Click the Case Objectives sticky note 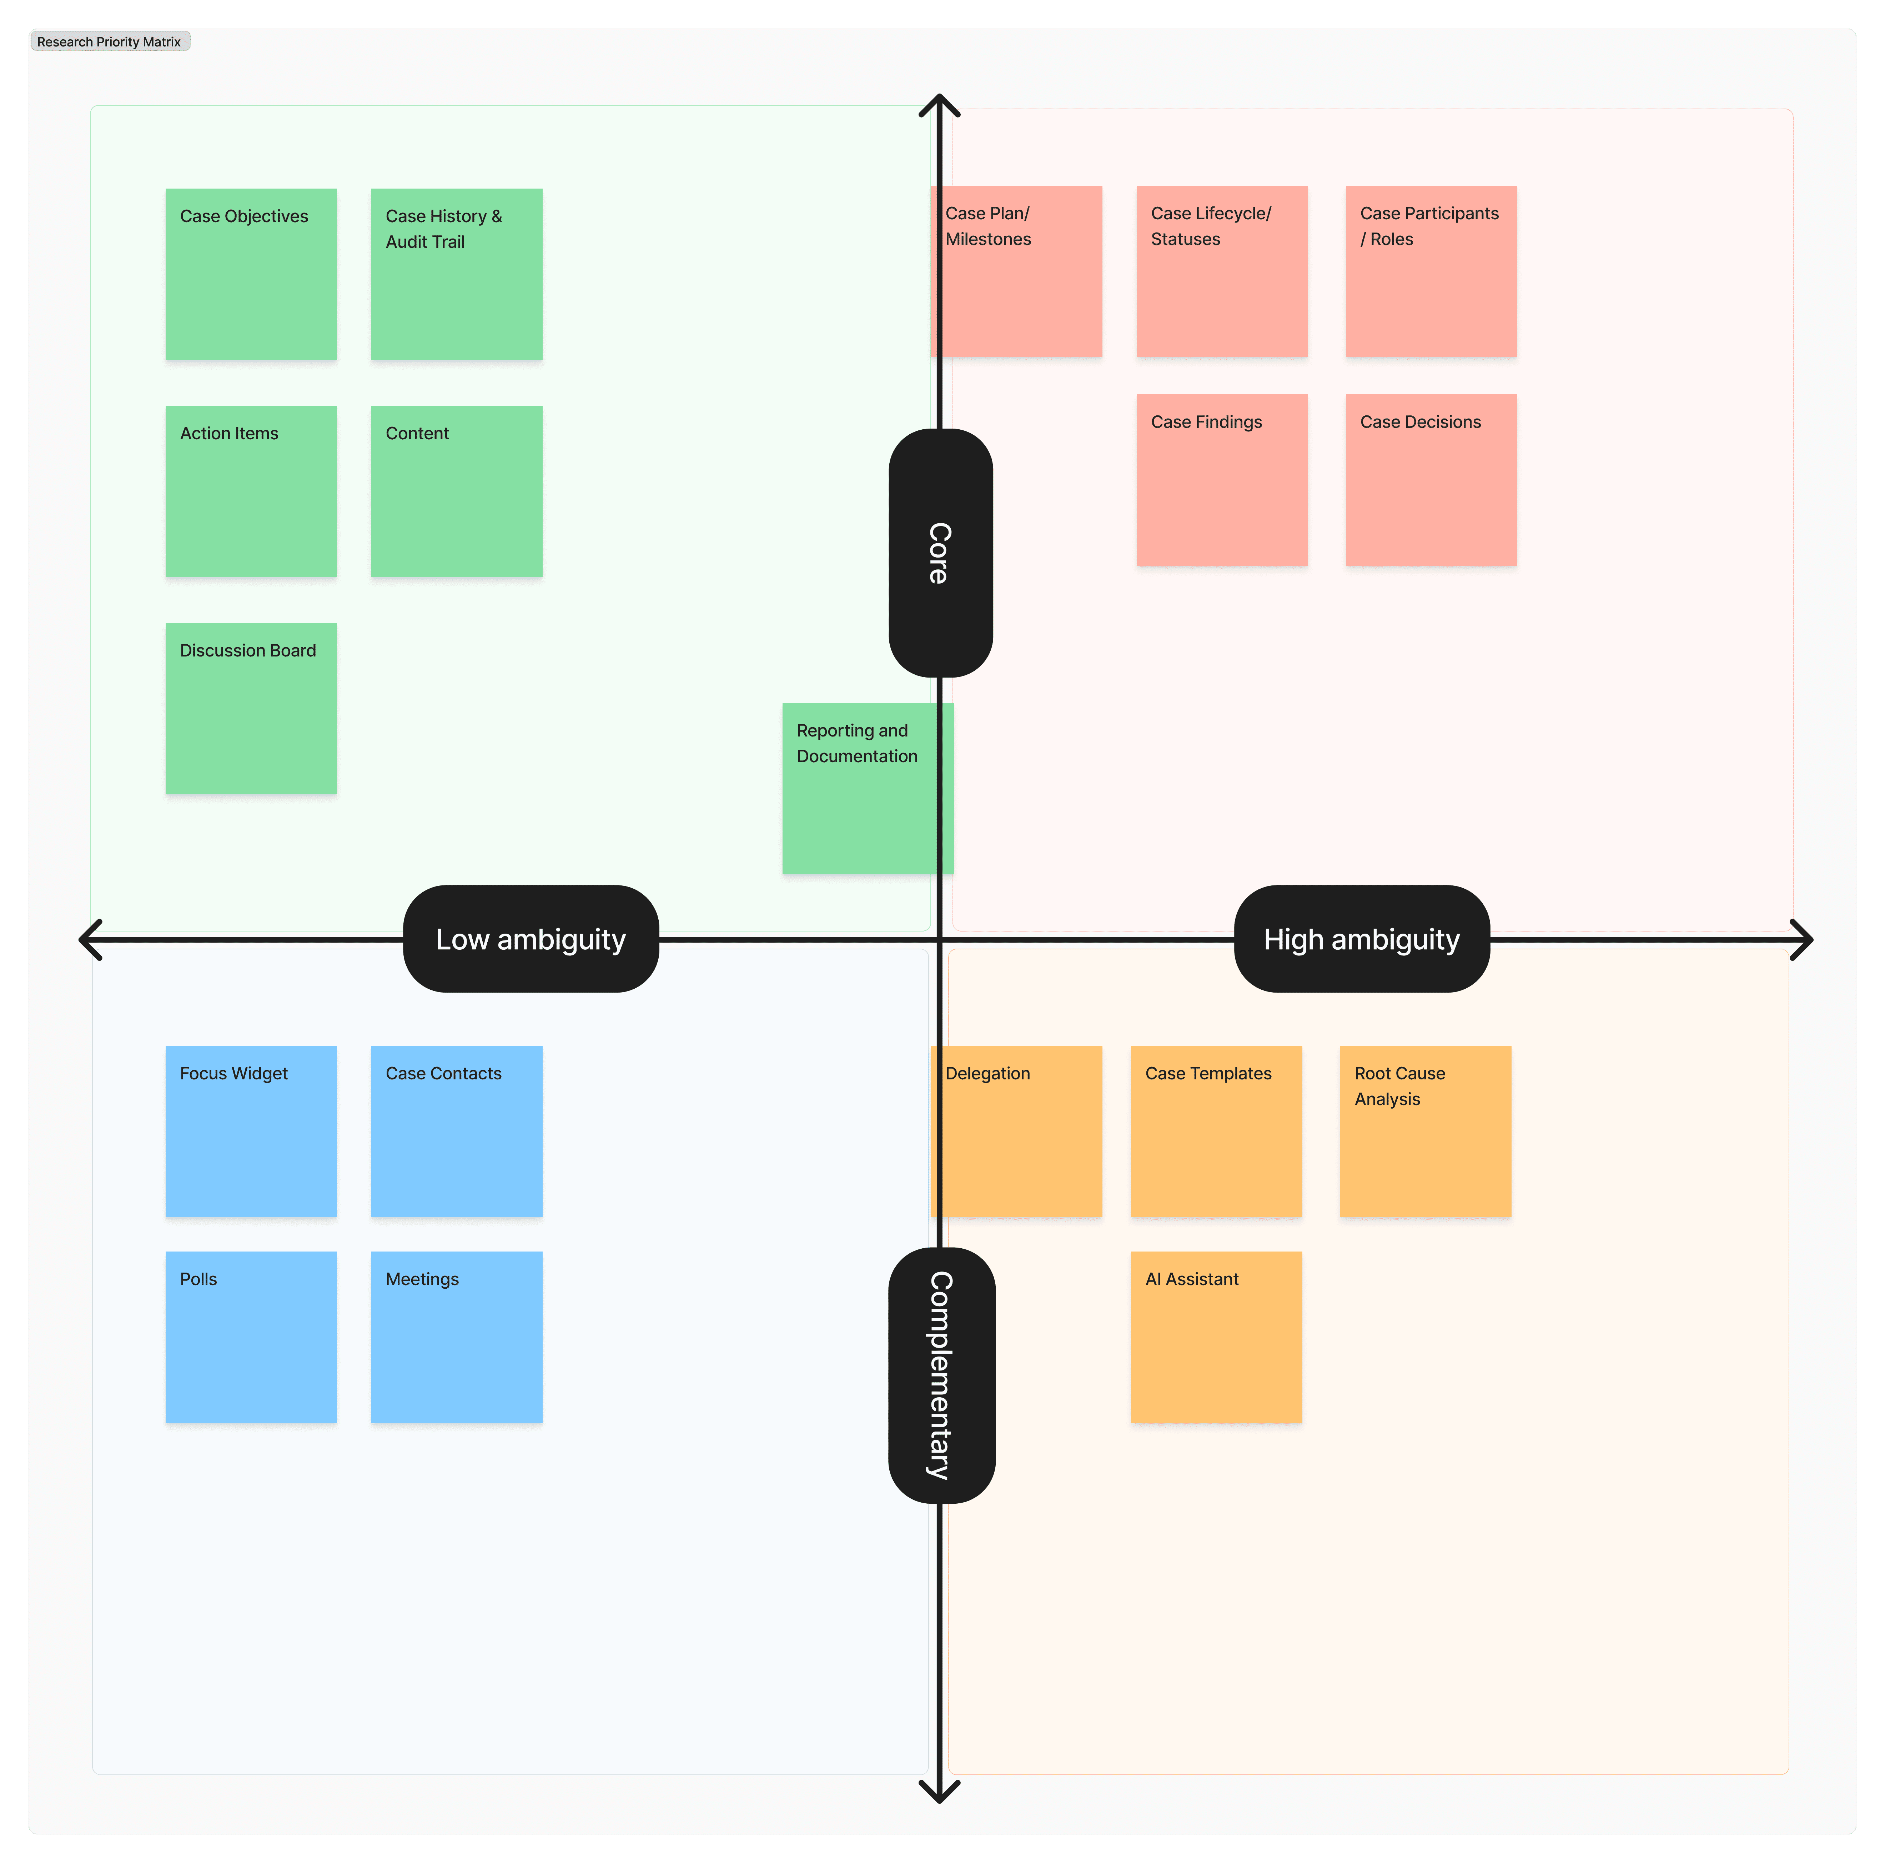(x=251, y=274)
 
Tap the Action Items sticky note (x=251, y=491)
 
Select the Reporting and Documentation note (x=859, y=789)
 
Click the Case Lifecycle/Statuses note (x=1222, y=271)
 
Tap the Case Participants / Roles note (x=1430, y=271)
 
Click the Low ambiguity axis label (x=531, y=939)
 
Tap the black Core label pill (x=941, y=552)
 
